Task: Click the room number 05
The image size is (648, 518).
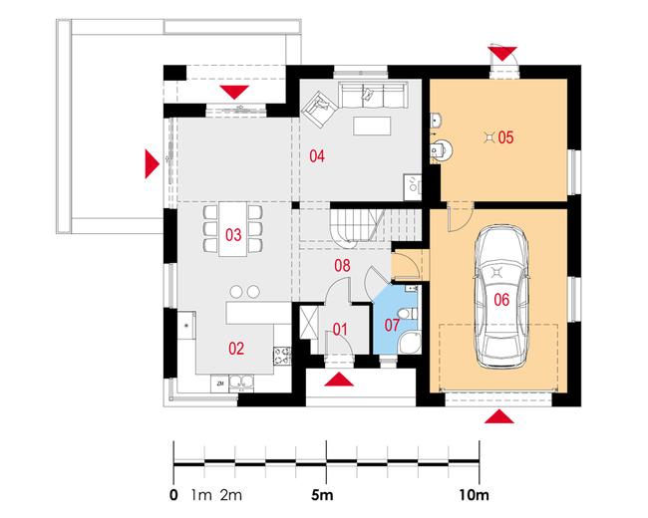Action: tap(505, 137)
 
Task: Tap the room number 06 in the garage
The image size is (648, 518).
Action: tap(501, 300)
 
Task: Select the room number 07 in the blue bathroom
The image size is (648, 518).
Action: tap(392, 325)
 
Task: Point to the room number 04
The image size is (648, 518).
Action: tap(317, 156)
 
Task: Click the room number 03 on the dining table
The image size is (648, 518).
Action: tap(233, 235)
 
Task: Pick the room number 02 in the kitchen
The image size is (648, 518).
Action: tap(236, 349)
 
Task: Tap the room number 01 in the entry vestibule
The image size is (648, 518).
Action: tap(340, 330)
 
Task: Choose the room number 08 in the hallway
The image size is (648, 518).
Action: tap(342, 266)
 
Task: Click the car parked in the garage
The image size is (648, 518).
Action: tap(501, 297)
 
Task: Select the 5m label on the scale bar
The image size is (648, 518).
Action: tap(322, 495)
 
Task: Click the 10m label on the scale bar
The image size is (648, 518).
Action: tap(474, 495)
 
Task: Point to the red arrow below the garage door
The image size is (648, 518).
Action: tap(499, 416)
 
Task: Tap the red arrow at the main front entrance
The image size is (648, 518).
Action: tap(339, 380)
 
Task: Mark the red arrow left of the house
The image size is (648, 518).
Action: tap(152, 164)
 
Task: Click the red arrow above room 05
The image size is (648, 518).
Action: tap(502, 54)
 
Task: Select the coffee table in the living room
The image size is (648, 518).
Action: tap(372, 126)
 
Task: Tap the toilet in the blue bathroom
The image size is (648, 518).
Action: tap(409, 314)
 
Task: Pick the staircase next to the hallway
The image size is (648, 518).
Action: tap(359, 226)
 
